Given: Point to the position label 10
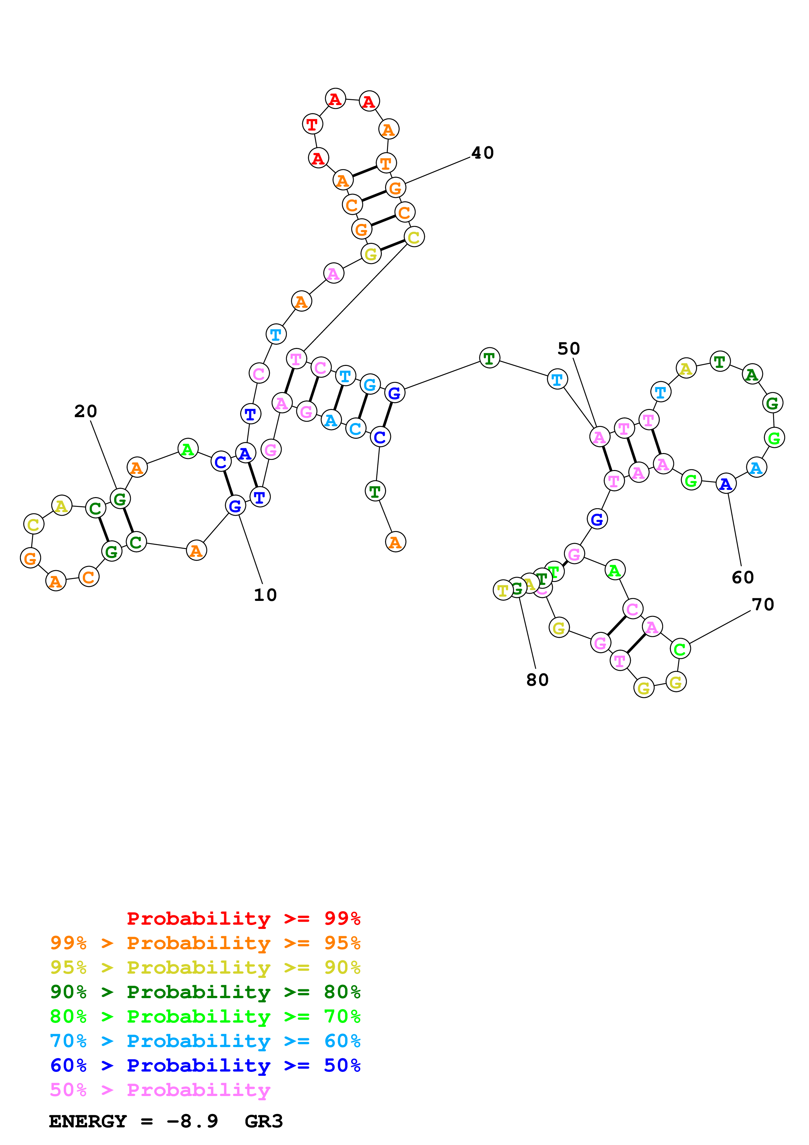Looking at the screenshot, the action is [265, 595].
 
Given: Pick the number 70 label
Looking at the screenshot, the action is [763, 604].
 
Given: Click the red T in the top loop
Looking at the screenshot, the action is [312, 124].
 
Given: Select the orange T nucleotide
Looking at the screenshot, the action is [386, 163].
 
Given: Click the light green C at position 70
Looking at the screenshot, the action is [680, 649].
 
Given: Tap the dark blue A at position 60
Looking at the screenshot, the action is [726, 484].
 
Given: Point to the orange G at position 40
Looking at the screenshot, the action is [395, 188].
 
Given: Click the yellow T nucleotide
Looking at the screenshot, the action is [503, 590].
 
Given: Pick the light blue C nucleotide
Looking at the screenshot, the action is [355, 428].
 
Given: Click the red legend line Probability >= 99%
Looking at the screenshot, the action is [243, 918].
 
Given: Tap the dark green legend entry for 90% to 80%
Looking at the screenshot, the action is [205, 992].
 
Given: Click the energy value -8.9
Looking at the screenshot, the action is [193, 1121].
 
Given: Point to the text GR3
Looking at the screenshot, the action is [264, 1121].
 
